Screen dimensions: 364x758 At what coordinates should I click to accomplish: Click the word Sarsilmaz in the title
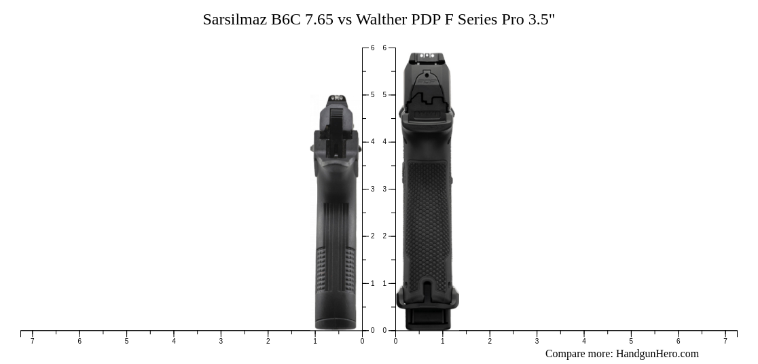tap(234, 20)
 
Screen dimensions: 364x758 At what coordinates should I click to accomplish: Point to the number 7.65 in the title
tap(319, 20)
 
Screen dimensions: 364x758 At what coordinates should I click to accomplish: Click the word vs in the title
tap(345, 20)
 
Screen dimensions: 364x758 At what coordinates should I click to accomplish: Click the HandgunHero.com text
tap(657, 354)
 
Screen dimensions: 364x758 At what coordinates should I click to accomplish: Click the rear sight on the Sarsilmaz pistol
tap(337, 98)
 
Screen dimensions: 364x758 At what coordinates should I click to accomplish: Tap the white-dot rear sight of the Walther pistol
tap(427, 56)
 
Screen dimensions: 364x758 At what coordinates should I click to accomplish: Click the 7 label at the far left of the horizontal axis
tap(32, 341)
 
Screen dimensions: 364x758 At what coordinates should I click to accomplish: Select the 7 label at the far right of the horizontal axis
tap(725, 341)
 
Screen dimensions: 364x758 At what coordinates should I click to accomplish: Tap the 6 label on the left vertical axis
tap(372, 48)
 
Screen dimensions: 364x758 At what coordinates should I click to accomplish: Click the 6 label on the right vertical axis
tap(384, 48)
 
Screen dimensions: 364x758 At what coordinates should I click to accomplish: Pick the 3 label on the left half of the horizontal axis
tap(221, 341)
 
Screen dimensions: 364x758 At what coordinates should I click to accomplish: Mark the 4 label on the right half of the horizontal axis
tap(584, 341)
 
